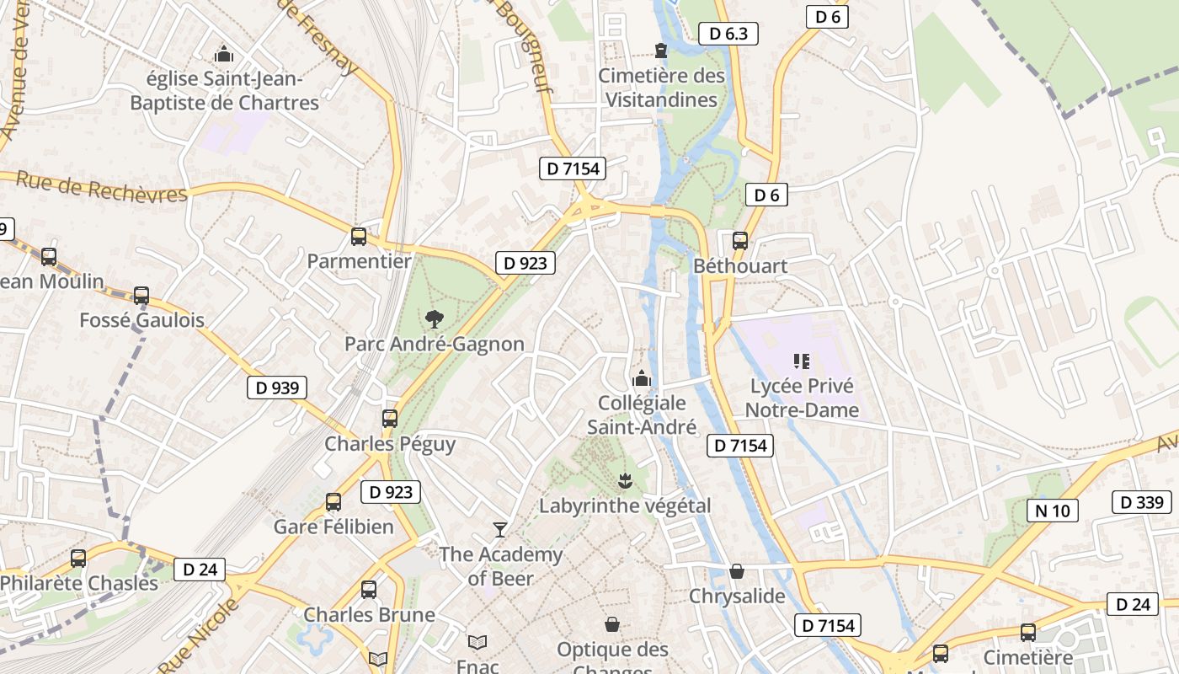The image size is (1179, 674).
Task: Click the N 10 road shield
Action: (x=1053, y=510)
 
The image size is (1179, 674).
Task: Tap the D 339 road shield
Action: (x=1142, y=502)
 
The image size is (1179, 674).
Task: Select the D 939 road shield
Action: (x=277, y=388)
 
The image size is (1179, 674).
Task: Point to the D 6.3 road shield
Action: (x=728, y=34)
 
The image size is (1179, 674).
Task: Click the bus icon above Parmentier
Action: (x=359, y=237)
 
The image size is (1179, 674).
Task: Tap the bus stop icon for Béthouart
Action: (x=740, y=241)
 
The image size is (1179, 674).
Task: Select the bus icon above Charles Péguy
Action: (x=390, y=419)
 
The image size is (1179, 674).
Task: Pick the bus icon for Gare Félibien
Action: (x=333, y=502)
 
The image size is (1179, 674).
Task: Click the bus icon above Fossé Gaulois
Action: (x=141, y=296)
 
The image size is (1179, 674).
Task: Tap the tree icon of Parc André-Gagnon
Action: (x=434, y=318)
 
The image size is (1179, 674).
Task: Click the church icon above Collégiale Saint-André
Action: (x=642, y=377)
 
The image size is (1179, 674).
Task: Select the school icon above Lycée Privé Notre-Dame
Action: (x=801, y=361)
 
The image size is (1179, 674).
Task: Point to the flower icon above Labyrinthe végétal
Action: (x=625, y=481)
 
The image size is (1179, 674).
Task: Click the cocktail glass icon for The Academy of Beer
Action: (x=500, y=529)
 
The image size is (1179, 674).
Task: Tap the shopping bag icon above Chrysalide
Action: (x=737, y=571)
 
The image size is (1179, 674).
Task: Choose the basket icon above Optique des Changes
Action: (x=612, y=625)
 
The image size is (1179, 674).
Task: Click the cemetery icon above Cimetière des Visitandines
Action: (x=661, y=51)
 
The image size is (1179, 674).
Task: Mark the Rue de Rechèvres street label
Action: (x=101, y=187)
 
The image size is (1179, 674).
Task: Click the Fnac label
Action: (x=477, y=666)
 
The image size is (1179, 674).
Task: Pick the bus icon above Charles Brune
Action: (x=369, y=589)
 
